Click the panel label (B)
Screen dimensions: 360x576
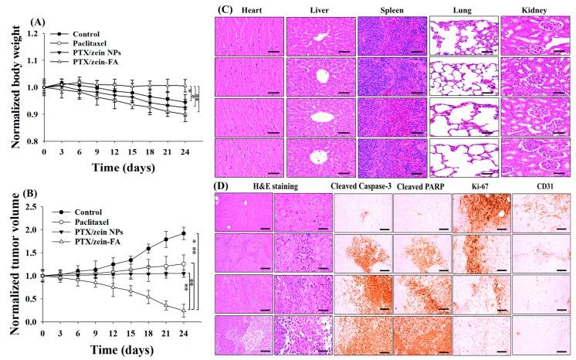click(15, 192)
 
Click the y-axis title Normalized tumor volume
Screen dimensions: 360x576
click(13, 263)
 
